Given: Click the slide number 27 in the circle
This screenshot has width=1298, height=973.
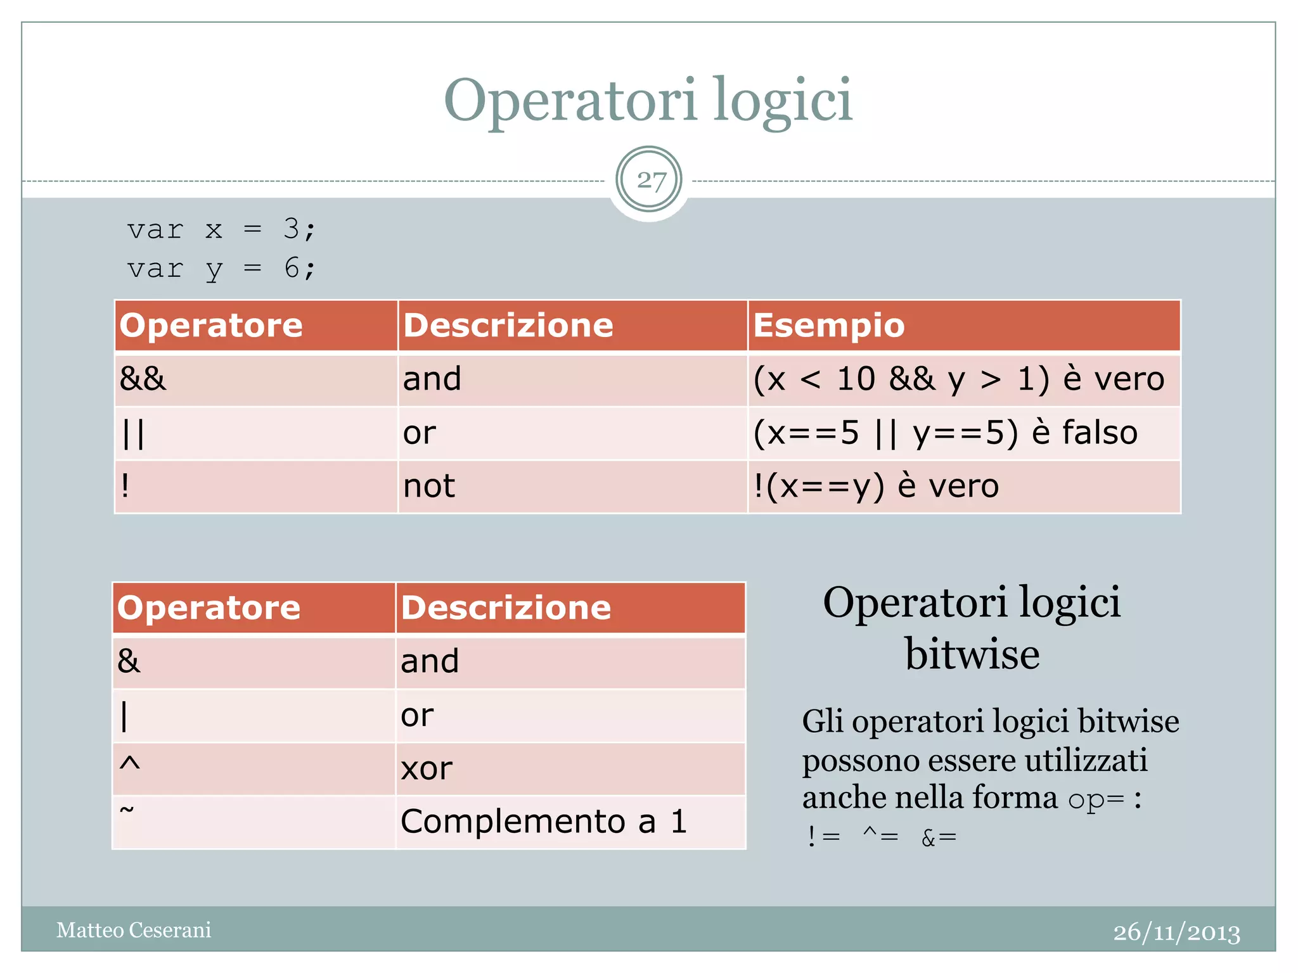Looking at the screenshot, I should (x=649, y=181).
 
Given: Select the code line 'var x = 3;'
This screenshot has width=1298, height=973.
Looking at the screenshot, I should (x=221, y=229).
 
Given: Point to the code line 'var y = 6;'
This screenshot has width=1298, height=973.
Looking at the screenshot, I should (x=221, y=269).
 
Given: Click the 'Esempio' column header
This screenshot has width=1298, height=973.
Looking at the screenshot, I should (x=829, y=326).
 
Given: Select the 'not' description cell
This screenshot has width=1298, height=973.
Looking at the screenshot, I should (x=429, y=486).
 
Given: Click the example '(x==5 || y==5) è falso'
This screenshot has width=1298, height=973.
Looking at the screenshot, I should (x=945, y=433).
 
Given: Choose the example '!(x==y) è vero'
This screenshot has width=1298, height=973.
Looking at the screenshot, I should (x=876, y=486).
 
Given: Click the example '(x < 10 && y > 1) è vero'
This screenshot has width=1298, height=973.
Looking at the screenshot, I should (x=958, y=379).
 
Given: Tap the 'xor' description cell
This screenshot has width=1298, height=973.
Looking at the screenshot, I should (x=427, y=769).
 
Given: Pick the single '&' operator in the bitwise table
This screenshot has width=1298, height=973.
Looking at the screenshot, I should (x=129, y=661).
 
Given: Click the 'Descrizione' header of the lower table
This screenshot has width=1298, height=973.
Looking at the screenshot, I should (x=506, y=607).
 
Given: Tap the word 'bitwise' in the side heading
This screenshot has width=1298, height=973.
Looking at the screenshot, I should (x=972, y=654).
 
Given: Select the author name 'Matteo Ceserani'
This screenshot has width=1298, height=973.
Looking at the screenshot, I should (x=134, y=930).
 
